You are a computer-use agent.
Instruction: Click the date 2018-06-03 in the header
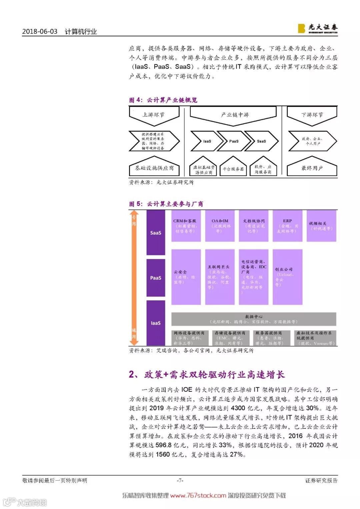coord(40,32)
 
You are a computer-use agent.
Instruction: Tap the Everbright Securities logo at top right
coord(318,28)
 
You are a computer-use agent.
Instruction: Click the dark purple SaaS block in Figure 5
coord(156,233)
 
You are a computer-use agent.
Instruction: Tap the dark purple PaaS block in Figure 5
coord(156,278)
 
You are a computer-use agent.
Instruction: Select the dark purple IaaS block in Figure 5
coord(156,323)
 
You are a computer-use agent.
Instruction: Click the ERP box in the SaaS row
coord(287,226)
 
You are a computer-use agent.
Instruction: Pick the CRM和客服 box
coord(186,226)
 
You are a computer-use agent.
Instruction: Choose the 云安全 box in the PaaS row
coord(186,277)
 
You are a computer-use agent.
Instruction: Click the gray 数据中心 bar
coord(254,319)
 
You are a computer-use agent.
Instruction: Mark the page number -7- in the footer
coord(180,480)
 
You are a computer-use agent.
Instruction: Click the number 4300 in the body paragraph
coord(238,408)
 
